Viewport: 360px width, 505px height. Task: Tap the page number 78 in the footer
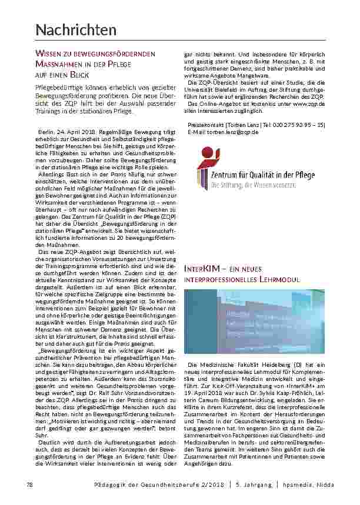(x=29, y=484)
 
